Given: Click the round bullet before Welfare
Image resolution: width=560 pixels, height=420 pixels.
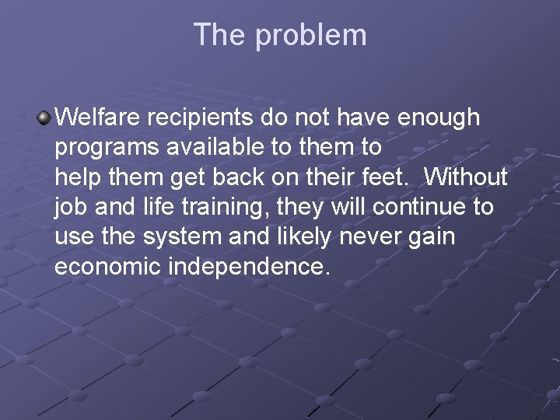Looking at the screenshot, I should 44,118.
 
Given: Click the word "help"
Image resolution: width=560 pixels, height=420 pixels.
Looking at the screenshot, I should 76,177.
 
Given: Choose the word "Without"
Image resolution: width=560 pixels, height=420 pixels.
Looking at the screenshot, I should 466,177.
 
